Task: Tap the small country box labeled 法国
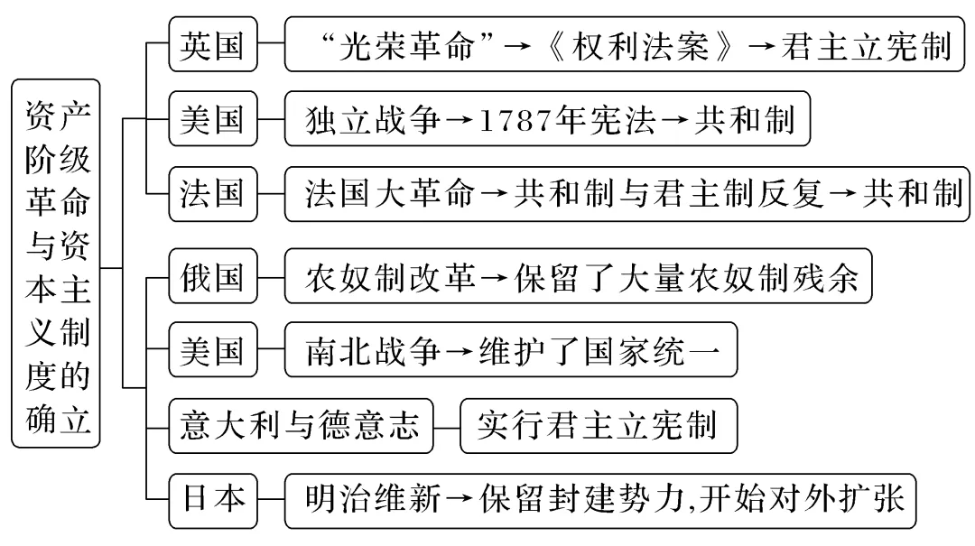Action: pyautogui.click(x=212, y=193)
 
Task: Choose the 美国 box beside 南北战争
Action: pyautogui.click(x=212, y=350)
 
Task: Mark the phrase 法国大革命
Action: pyautogui.click(x=389, y=194)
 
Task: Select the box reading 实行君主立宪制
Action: pyautogui.click(x=598, y=423)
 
